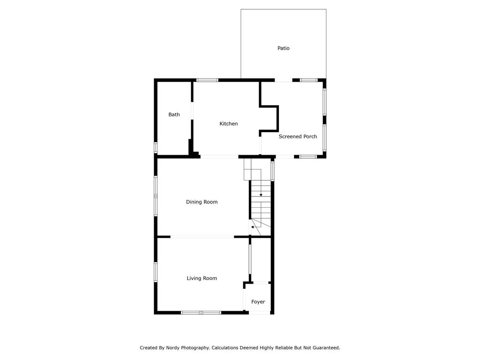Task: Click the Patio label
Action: coord(283,48)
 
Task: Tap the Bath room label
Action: coord(174,115)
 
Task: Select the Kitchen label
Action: coord(229,124)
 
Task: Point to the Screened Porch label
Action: coord(298,137)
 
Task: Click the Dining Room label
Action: coord(202,202)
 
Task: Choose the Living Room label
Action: coord(202,278)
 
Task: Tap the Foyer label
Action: coord(258,302)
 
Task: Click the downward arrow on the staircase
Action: coord(261,195)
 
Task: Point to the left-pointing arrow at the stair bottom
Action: coord(253,227)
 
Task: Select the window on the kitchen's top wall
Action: coord(207,80)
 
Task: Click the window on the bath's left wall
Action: coord(156,147)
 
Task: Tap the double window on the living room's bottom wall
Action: coord(201,312)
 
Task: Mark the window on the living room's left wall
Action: coord(156,272)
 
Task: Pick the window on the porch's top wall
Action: coord(309,80)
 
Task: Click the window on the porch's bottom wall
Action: coord(308,157)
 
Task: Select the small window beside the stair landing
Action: coord(272,171)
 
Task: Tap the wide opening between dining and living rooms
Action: coord(202,237)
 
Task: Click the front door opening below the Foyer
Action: coord(259,313)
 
